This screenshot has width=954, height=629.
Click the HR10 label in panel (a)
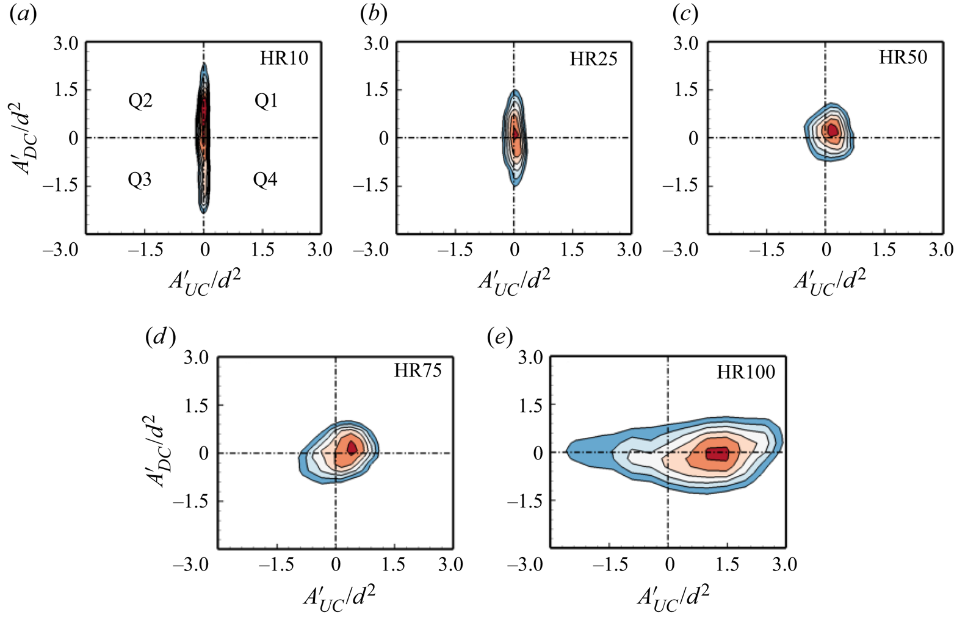[284, 59]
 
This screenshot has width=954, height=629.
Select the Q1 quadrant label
[266, 101]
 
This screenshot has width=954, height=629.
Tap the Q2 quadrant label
[140, 101]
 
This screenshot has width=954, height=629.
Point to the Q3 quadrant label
[140, 180]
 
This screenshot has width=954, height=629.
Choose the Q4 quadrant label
[266, 180]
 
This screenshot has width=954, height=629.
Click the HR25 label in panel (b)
[594, 59]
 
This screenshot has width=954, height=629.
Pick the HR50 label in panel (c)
[903, 57]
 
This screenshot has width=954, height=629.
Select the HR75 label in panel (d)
[418, 371]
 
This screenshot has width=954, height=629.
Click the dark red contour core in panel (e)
[717, 453]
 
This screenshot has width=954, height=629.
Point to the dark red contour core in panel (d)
[352, 447]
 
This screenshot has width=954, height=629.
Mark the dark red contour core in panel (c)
[832, 130]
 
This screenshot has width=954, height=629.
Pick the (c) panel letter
[685, 15]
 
